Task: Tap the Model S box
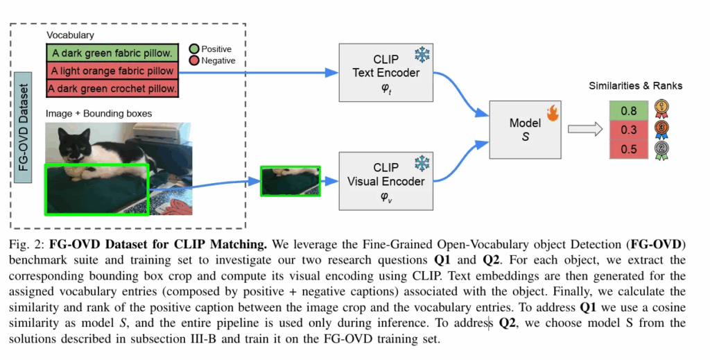click(525, 129)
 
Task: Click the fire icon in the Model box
click(552, 114)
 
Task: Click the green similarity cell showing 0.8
click(630, 110)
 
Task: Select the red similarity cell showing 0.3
click(630, 130)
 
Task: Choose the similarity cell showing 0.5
click(630, 149)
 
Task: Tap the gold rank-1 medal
click(661, 108)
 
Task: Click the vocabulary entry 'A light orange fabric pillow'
click(113, 71)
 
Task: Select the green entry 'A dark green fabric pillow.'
click(113, 53)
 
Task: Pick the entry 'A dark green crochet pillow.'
click(113, 89)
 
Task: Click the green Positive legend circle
click(195, 49)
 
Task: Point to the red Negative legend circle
click(195, 60)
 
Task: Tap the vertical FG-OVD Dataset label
click(24, 128)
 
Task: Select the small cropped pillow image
click(290, 180)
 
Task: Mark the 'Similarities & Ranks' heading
click(635, 86)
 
